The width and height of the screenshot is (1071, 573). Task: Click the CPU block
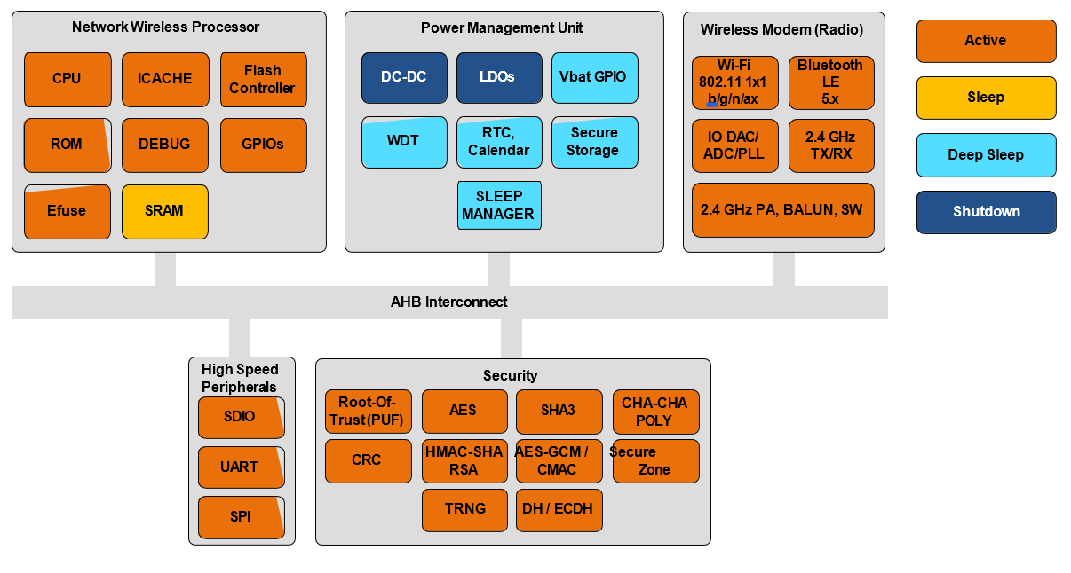pos(67,79)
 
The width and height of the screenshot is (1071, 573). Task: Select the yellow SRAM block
pos(164,211)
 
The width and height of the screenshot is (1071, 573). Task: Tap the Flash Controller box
pos(263,80)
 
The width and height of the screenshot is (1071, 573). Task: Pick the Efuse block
pos(67,211)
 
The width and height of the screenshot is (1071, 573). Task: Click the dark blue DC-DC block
pos(404,78)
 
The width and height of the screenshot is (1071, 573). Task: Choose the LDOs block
pos(498,78)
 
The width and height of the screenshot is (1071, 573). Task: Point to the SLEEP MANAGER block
pos(498,205)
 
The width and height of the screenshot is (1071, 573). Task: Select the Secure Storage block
pos(594,142)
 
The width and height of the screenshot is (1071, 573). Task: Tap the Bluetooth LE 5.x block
pos(830,82)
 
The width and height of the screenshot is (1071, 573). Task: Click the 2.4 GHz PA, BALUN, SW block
pos(782,210)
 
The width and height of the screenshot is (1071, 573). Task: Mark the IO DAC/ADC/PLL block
pos(734,145)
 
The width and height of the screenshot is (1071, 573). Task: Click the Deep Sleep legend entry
pos(986,155)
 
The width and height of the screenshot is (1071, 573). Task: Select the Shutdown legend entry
pos(986,212)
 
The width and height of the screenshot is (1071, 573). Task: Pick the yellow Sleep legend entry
pos(986,98)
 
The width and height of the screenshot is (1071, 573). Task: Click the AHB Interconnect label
pos(449,302)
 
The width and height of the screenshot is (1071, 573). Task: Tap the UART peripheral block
pos(241,467)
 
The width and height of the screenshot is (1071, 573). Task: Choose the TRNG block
pos(464,509)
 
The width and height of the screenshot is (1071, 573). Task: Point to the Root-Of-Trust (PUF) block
pos(368,412)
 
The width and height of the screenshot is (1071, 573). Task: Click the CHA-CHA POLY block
pos(655,412)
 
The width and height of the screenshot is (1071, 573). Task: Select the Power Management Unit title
pos(502,27)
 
